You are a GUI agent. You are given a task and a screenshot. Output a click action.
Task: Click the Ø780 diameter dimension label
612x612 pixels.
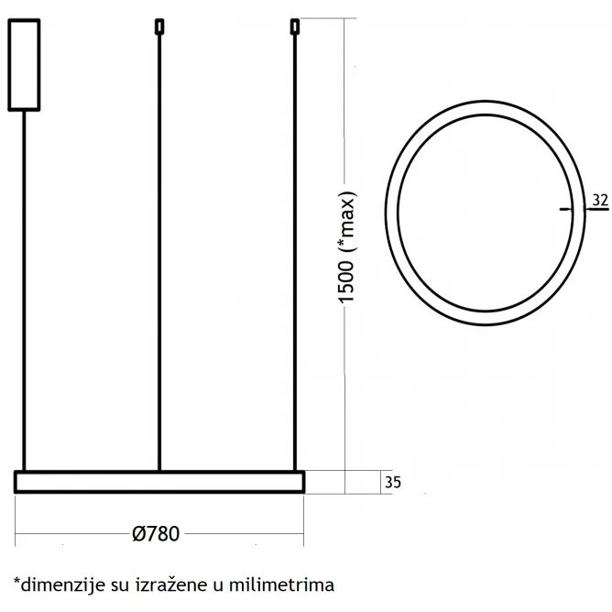(156, 533)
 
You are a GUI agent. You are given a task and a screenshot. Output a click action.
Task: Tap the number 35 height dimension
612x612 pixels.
(393, 483)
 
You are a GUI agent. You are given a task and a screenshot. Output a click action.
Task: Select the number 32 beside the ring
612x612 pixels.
(600, 200)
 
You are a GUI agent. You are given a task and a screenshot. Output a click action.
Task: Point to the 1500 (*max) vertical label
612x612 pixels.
(346, 247)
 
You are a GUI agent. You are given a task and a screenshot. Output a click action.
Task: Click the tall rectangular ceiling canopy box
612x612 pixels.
(24, 65)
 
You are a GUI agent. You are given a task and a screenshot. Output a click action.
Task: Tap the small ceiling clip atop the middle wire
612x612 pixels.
(159, 27)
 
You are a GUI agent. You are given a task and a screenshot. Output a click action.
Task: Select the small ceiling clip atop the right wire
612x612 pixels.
(295, 27)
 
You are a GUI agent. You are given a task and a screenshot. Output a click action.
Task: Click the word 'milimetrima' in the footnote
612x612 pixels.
(281, 585)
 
